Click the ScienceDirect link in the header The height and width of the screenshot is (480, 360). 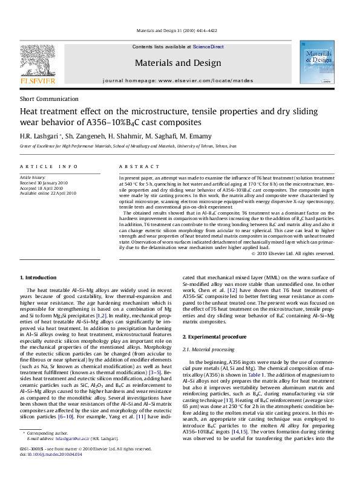point(208,47)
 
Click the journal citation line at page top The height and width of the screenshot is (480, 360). point(180,31)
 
